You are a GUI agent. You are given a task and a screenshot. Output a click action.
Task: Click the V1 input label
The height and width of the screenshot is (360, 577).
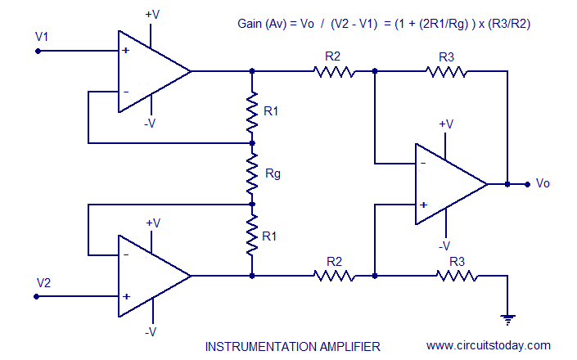(x=43, y=37)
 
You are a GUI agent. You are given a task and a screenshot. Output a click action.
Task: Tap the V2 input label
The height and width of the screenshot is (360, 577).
(x=43, y=282)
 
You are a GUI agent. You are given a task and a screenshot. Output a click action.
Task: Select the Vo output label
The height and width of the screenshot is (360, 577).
(x=543, y=183)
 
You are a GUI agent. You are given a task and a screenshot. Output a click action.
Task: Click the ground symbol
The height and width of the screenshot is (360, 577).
(x=507, y=317)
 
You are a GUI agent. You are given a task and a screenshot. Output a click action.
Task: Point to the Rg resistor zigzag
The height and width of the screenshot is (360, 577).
(x=252, y=173)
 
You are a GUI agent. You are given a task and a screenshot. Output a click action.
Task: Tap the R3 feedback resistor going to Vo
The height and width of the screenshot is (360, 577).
(x=447, y=71)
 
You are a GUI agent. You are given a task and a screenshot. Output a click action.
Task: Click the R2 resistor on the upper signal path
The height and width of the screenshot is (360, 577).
(x=334, y=71)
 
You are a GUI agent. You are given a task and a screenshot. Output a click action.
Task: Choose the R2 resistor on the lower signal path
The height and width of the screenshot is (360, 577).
(x=334, y=276)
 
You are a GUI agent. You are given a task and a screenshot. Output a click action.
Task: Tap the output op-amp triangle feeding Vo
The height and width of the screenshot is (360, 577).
(x=447, y=183)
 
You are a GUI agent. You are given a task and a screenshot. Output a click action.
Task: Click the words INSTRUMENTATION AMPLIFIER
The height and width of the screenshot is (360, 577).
(x=292, y=345)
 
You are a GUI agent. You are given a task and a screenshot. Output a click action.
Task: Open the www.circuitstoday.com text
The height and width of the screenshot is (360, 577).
(x=489, y=345)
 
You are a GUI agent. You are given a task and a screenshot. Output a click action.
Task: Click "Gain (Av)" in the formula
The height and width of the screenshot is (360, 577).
(x=263, y=24)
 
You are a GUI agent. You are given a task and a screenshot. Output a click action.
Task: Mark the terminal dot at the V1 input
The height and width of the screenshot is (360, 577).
(x=38, y=51)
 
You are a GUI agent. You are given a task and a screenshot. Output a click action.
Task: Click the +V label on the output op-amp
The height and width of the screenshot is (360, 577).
(x=446, y=124)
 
